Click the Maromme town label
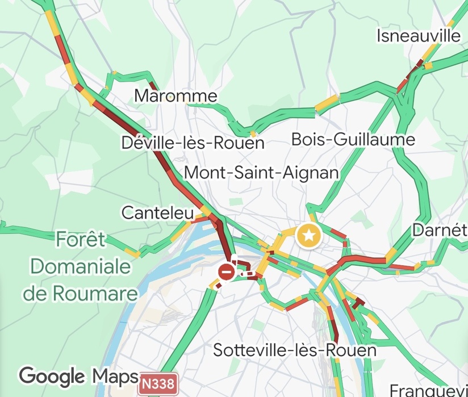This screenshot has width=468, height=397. (x=175, y=96)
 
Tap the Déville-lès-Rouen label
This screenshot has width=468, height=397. (x=193, y=143)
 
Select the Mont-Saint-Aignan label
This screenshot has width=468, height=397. (x=262, y=172)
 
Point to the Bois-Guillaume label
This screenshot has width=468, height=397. (x=353, y=139)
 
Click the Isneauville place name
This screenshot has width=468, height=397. (x=419, y=36)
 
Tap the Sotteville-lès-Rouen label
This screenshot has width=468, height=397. (x=295, y=350)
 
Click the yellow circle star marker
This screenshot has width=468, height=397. (x=308, y=236)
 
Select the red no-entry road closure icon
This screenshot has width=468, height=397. (x=227, y=272)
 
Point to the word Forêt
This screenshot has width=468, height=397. (x=81, y=240)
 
